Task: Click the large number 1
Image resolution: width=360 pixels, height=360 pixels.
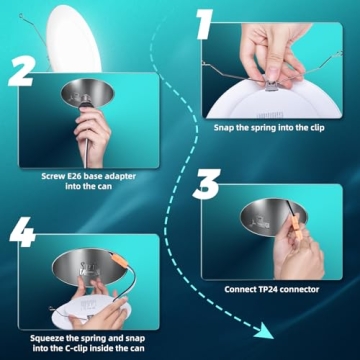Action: pyautogui.click(x=204, y=25)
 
